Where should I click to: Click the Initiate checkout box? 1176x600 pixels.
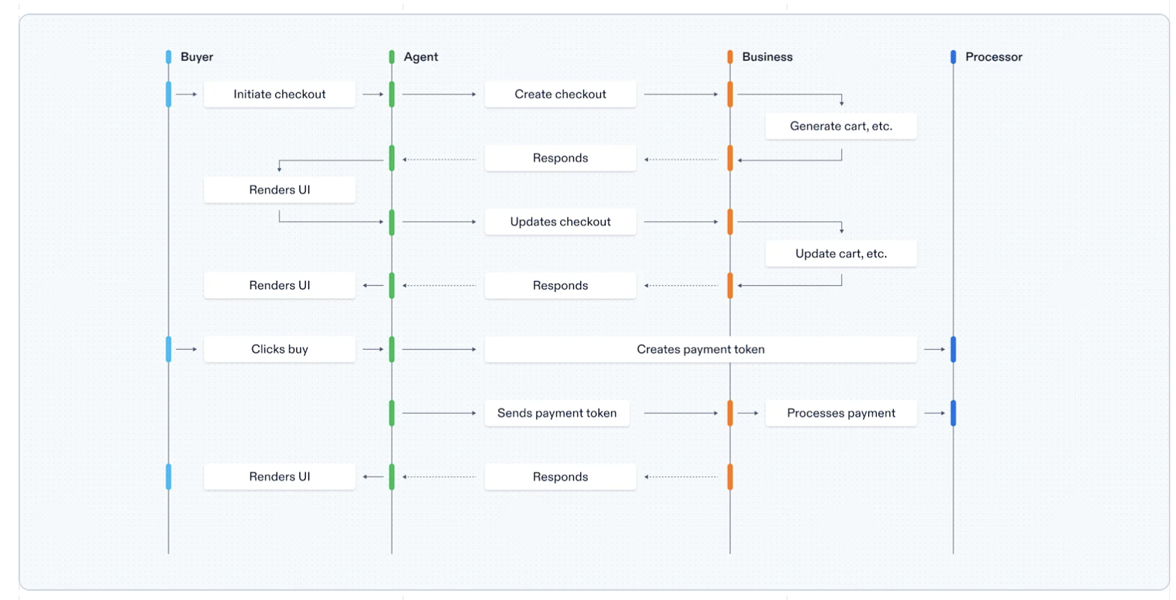(279, 94)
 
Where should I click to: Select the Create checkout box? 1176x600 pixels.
(560, 94)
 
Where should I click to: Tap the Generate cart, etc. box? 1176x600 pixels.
(840, 126)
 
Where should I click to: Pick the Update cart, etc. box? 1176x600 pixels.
(840, 253)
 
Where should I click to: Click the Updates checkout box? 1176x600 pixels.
(560, 222)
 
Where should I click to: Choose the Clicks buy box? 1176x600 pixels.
(279, 349)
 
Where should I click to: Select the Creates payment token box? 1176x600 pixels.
(700, 349)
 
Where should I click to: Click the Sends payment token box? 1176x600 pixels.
(557, 413)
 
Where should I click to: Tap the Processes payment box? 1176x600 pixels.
(840, 413)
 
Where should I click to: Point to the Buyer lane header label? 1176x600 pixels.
(197, 57)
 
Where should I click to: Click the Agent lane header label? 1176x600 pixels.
(421, 57)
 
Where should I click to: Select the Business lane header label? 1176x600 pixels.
(767, 57)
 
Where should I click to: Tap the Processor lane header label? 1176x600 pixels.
(993, 57)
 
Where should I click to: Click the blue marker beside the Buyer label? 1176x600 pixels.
(169, 57)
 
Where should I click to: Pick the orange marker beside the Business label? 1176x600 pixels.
(730, 57)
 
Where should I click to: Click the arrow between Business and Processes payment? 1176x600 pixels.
(748, 413)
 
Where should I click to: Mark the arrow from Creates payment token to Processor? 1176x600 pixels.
(934, 349)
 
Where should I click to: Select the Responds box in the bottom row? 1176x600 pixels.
(560, 476)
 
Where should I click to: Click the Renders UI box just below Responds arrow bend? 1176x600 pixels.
(279, 190)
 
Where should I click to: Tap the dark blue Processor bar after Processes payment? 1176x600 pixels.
(953, 413)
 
